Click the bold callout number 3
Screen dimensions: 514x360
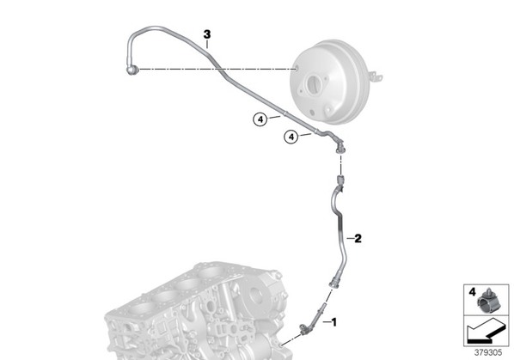point(207,34)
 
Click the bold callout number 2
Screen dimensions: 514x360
point(358,239)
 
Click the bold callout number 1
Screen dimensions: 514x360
point(334,322)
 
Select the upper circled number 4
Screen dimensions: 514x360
point(260,119)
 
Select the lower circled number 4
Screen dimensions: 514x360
point(291,137)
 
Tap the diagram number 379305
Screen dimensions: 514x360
point(488,353)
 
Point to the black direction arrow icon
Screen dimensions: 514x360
point(486,333)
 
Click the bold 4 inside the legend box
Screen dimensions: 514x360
point(472,292)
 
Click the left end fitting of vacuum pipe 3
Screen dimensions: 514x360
point(132,70)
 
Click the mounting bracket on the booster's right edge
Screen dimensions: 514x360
point(376,76)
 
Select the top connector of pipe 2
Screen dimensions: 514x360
point(340,181)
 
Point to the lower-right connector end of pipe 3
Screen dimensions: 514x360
point(340,148)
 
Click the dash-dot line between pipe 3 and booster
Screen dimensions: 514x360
point(217,70)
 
